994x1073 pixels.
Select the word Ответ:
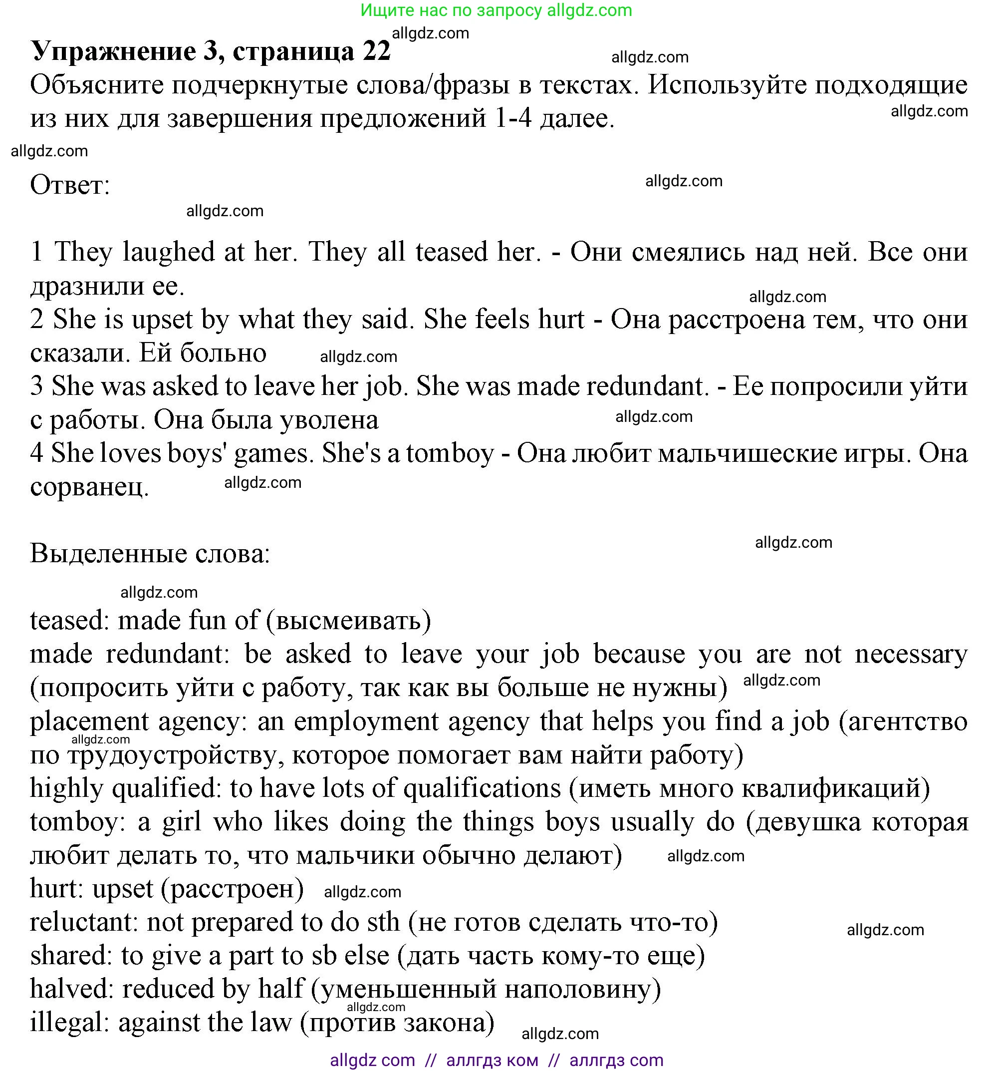[x=70, y=186]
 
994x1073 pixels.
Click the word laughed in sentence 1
[x=168, y=252]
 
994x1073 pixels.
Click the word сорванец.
[x=89, y=487]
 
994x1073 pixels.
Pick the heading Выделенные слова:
[x=150, y=554]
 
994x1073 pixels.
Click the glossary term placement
[x=89, y=721]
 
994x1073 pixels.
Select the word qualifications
[x=482, y=788]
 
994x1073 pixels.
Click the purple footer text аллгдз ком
[x=492, y=1060]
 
